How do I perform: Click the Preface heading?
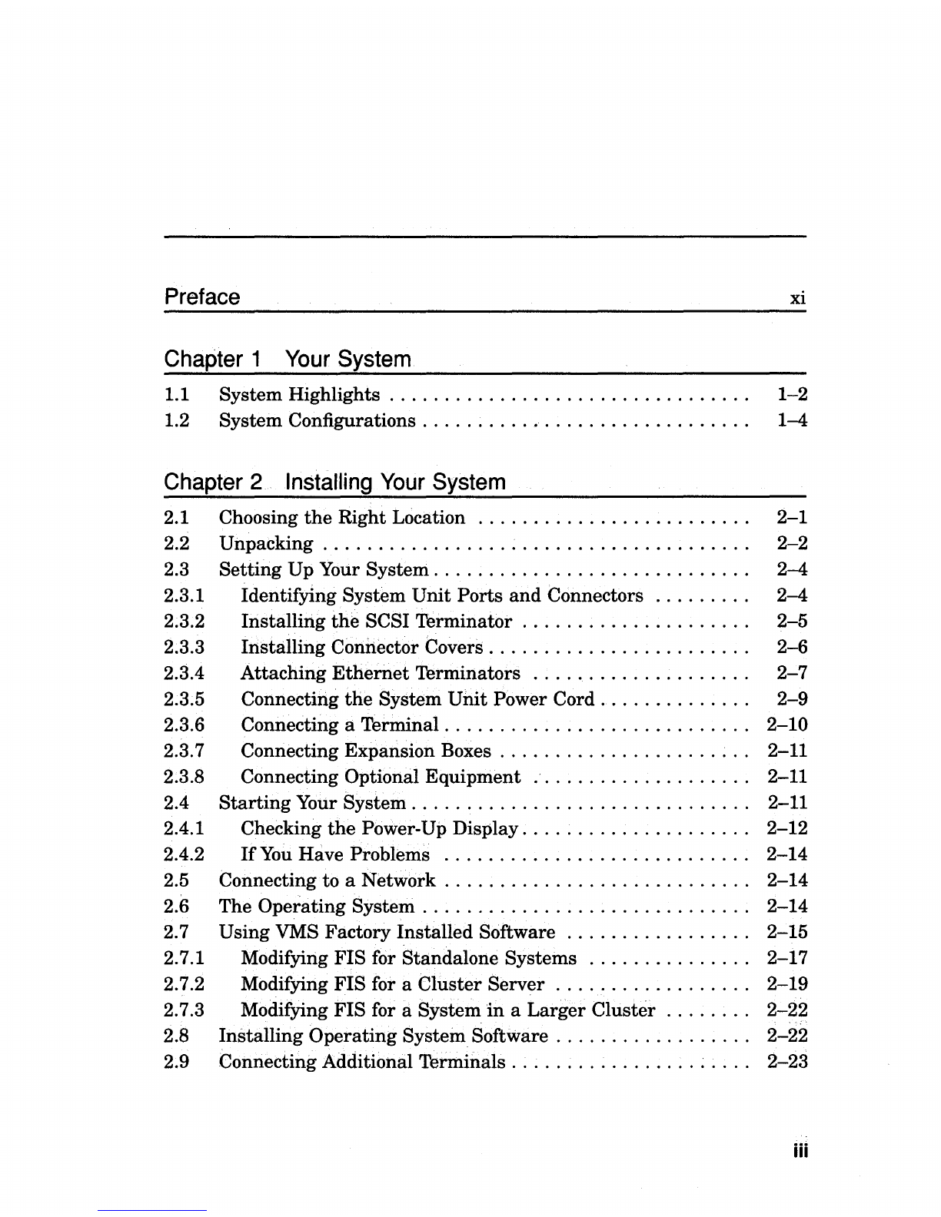pos(202,297)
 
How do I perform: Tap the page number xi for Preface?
pos(798,298)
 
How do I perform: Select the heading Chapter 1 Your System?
pos(288,359)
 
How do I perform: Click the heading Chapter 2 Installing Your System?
pos(334,482)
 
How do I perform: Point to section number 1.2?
pos(177,421)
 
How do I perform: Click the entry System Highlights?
pos(299,395)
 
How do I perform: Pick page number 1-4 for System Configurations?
pos(792,421)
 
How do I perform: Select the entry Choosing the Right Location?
pos(342,518)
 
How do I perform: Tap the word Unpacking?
pos(266,544)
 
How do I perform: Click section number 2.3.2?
pos(185,622)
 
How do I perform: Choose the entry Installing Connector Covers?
pos(362,648)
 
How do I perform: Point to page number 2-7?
pos(792,674)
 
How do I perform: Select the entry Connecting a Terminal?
pos(340,725)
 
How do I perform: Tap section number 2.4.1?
pos(185,829)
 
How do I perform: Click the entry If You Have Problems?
pos(335,854)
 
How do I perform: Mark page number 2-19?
pos(787,984)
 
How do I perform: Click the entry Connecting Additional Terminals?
pos(362,1062)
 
